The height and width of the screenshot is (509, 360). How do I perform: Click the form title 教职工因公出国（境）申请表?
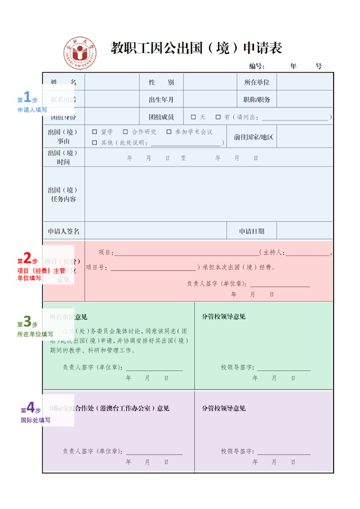[196, 48]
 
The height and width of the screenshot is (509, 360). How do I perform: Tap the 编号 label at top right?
[257, 66]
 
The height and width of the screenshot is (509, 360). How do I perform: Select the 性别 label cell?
[161, 82]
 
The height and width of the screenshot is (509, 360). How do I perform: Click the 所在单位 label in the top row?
[256, 82]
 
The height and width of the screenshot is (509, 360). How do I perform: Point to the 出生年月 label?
[161, 100]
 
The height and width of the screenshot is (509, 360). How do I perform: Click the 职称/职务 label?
[256, 100]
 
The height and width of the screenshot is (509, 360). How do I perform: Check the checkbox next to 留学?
[95, 132]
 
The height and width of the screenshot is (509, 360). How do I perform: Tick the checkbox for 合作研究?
[126, 132]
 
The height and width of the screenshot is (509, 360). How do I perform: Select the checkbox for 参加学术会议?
[169, 132]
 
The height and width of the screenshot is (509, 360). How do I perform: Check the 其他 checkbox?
[95, 142]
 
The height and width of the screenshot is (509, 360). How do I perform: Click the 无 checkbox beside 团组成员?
[193, 117]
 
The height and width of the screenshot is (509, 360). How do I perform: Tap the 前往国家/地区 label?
[254, 137]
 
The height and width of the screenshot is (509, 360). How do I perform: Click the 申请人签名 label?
[64, 231]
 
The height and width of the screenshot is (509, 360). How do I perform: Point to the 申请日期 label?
[251, 231]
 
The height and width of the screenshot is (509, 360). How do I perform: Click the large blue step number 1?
[26, 96]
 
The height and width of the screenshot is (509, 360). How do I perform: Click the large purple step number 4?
[30, 407]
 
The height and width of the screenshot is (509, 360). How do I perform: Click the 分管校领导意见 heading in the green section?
[224, 316]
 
